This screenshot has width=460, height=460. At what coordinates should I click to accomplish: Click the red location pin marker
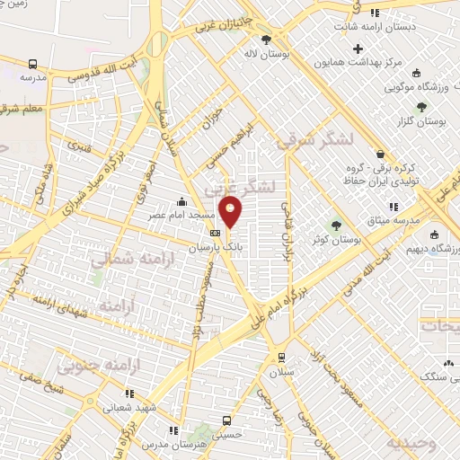(231, 212)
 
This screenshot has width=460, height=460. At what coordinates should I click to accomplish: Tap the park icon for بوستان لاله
(266, 39)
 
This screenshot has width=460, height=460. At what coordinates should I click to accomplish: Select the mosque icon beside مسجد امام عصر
(183, 200)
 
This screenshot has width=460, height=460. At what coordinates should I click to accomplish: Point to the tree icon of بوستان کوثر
(337, 225)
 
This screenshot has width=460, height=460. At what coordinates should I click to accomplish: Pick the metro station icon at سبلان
(283, 356)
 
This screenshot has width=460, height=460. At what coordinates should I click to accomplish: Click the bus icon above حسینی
(226, 420)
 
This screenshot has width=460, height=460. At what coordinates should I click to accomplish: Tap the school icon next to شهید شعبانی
(129, 393)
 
